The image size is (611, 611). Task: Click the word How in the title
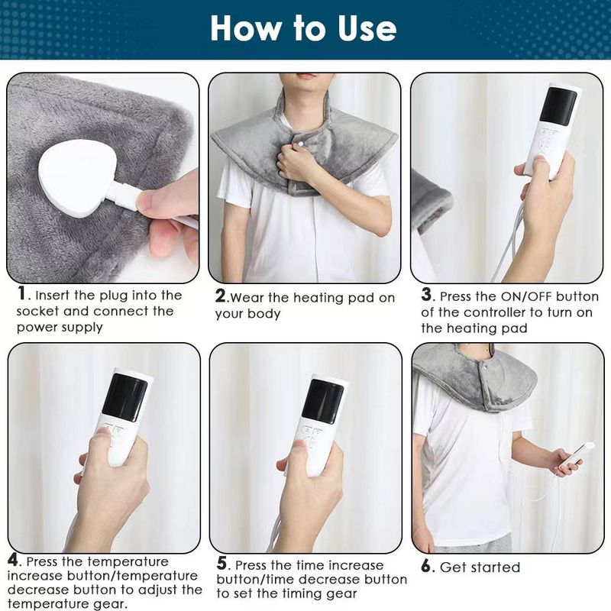point(246,28)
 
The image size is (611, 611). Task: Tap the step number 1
point(22,293)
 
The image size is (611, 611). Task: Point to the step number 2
point(221,296)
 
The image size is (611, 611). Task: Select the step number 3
point(426,295)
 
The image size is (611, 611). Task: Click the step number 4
point(13,561)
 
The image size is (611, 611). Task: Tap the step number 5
point(221,564)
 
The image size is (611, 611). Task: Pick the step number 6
point(426,566)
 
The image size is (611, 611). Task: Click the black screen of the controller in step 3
point(558,106)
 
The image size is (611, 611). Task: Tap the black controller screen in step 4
point(124,397)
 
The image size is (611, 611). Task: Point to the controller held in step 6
point(577,456)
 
